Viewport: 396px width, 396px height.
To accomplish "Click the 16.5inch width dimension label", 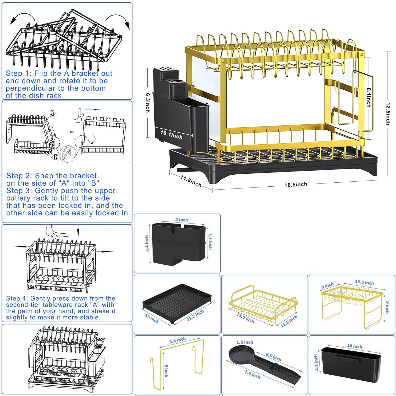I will [296, 184].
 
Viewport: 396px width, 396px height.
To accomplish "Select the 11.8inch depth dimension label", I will [191, 181].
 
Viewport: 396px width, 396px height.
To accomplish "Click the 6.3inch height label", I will [148, 102].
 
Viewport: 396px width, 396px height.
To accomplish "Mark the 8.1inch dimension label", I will [368, 97].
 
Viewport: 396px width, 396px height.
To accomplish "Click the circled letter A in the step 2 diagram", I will [53, 113].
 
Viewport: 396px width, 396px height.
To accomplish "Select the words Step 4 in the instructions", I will [17, 298].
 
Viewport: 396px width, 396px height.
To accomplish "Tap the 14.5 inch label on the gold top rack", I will [364, 282].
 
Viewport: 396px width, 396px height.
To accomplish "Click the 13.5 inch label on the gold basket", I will [245, 318].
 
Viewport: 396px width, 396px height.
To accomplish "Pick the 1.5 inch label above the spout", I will [244, 342].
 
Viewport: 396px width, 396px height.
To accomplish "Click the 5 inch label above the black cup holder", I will [182, 220].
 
